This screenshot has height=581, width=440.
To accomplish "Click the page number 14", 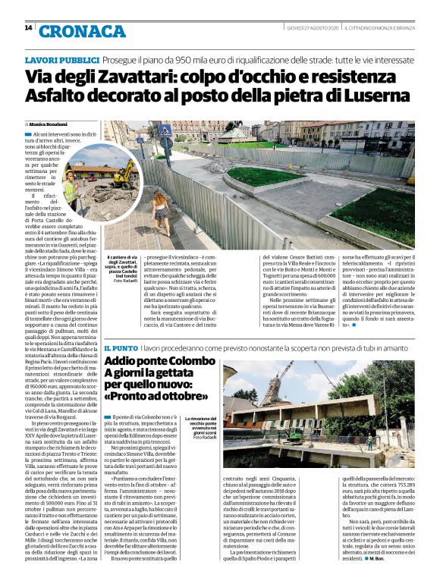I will (x=28, y=29).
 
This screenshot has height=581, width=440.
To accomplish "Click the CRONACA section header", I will (x=82, y=30).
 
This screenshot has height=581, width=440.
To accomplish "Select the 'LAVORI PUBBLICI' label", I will (x=62, y=59).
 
